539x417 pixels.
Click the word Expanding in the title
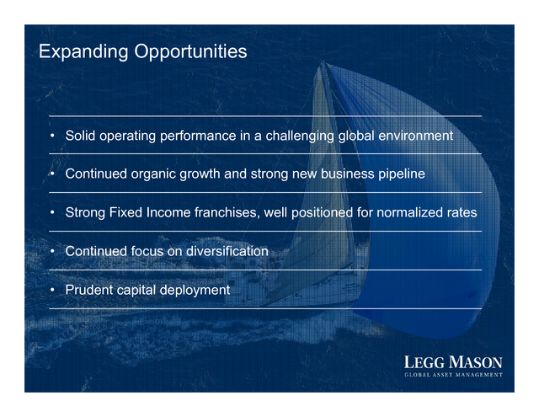[x=83, y=52]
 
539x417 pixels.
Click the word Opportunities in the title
[x=190, y=52]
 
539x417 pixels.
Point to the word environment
[x=415, y=136]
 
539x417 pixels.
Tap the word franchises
[x=227, y=212]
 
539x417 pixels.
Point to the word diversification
[x=227, y=251]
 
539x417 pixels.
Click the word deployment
[x=195, y=291]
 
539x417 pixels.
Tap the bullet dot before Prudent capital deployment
[x=52, y=290]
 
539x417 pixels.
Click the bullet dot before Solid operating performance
[x=52, y=136]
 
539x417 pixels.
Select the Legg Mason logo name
[x=453, y=362]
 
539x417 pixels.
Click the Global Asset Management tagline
[x=453, y=375]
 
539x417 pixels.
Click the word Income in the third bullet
[x=168, y=212]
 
